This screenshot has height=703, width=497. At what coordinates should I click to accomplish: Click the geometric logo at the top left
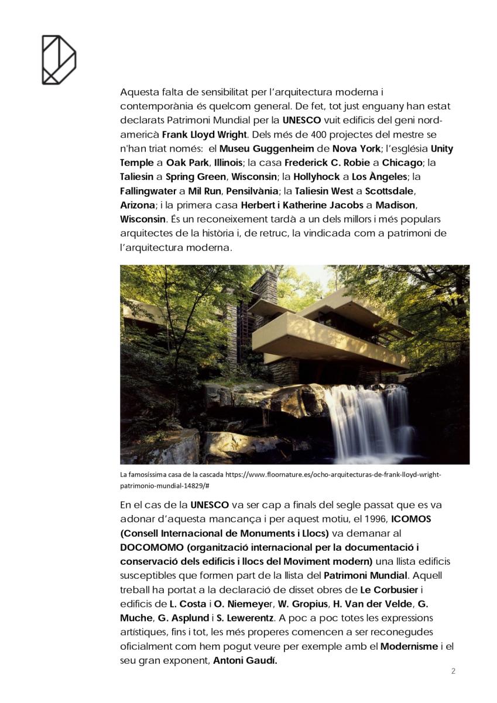[59, 60]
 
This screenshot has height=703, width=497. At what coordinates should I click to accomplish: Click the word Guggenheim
[284, 149]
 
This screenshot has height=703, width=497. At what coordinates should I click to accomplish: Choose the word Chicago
[403, 163]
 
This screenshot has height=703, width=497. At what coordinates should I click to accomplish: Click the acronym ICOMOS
[414, 519]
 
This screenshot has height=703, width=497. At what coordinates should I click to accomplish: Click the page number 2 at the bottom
[453, 671]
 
